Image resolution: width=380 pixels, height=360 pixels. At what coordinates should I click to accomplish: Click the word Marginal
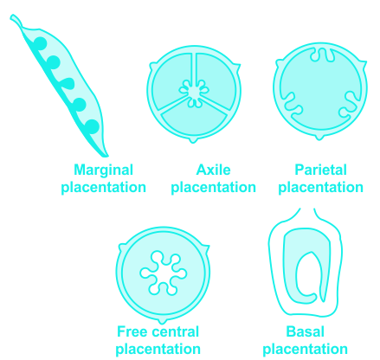click(103, 170)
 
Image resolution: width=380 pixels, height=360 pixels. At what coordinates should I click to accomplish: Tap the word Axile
click(213, 170)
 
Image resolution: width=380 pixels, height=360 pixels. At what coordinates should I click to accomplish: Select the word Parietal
click(320, 170)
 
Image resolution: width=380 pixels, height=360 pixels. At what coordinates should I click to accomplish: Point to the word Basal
click(306, 331)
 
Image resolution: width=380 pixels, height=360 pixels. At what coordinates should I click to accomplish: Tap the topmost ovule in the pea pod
click(40, 43)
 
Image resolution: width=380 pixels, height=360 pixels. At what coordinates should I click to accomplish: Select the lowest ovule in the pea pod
click(93, 127)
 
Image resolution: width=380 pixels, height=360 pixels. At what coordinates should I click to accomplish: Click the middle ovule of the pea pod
click(67, 84)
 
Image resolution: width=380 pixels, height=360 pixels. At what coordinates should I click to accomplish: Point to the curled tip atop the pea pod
click(16, 20)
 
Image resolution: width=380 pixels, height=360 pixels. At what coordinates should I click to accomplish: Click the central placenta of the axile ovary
click(194, 92)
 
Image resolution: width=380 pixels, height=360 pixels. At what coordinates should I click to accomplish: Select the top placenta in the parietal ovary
click(322, 55)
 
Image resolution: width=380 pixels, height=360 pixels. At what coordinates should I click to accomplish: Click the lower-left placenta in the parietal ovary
click(292, 106)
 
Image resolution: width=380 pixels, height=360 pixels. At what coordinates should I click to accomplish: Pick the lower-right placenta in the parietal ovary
click(348, 106)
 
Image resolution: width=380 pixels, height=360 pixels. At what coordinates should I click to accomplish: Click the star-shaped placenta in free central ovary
click(164, 273)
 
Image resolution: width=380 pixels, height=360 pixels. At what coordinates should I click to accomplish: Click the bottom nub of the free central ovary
click(163, 320)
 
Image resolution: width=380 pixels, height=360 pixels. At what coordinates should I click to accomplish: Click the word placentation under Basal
click(305, 350)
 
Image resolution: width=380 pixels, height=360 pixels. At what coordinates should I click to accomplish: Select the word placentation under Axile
click(213, 188)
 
